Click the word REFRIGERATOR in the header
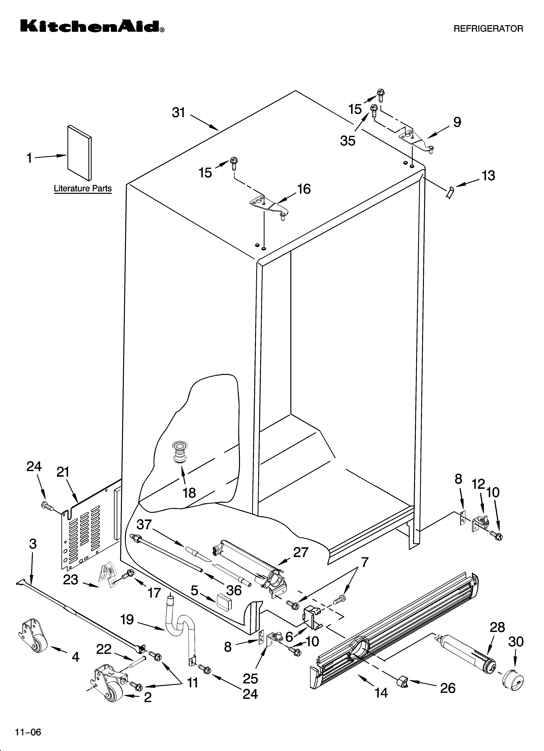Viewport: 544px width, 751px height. (x=488, y=29)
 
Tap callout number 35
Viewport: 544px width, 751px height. (x=348, y=141)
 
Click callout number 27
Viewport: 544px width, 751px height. (x=300, y=552)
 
